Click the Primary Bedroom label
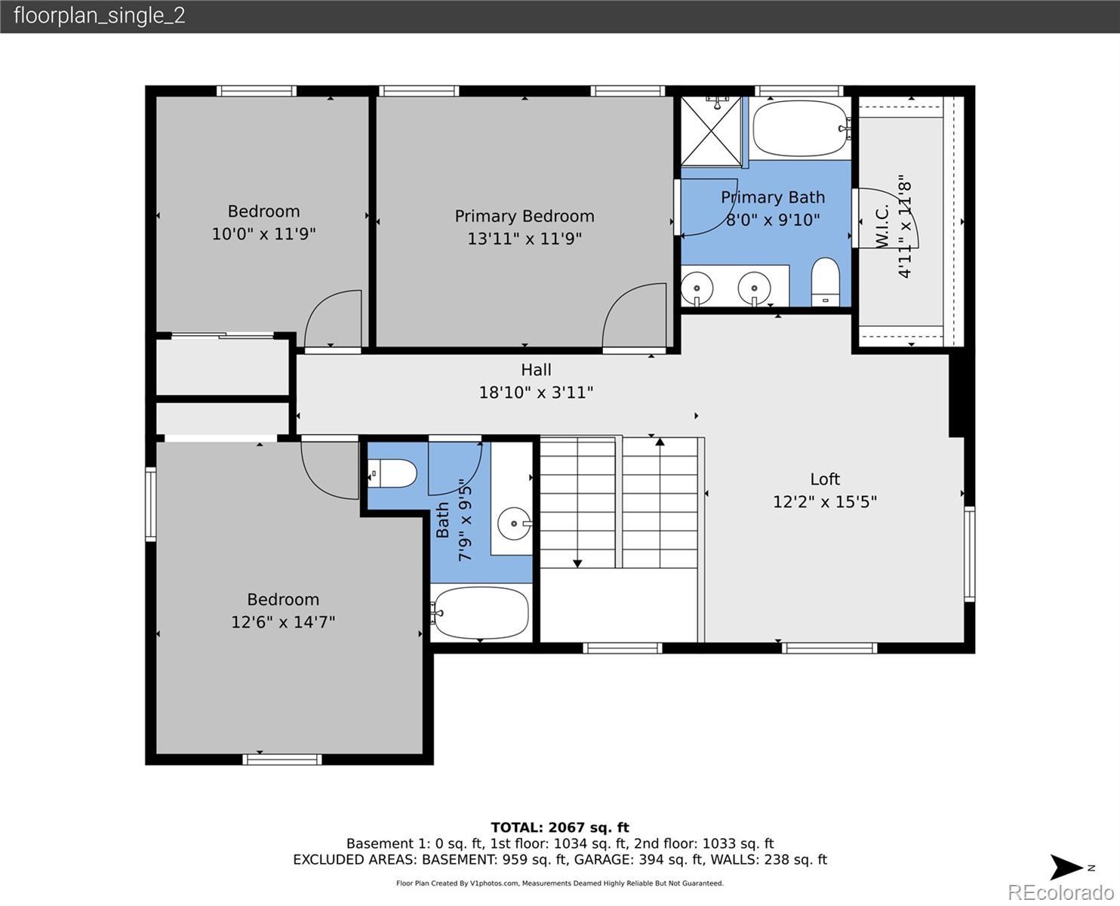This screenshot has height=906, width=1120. (x=525, y=216)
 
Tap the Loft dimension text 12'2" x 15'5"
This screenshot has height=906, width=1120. (x=824, y=501)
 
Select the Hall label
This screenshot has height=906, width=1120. (x=536, y=370)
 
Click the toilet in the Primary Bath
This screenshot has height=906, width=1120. (x=825, y=282)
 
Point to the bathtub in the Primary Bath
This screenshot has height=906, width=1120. (x=800, y=128)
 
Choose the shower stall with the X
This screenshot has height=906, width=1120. (x=711, y=131)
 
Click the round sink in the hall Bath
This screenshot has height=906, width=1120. (x=514, y=524)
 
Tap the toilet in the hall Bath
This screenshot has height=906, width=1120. (x=392, y=473)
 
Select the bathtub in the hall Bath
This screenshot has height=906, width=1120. (x=481, y=612)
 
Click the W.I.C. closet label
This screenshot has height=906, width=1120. (x=882, y=226)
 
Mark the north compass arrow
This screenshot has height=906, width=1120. (x=1066, y=867)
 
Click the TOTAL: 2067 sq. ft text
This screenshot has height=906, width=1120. (x=560, y=827)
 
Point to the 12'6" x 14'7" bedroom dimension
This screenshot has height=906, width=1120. (x=283, y=622)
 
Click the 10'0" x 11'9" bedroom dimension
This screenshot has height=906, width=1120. (x=263, y=233)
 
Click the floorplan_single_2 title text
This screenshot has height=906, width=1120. (x=100, y=16)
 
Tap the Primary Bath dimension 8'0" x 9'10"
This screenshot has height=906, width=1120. (x=772, y=220)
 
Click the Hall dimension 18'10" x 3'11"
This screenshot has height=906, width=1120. (x=536, y=393)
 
